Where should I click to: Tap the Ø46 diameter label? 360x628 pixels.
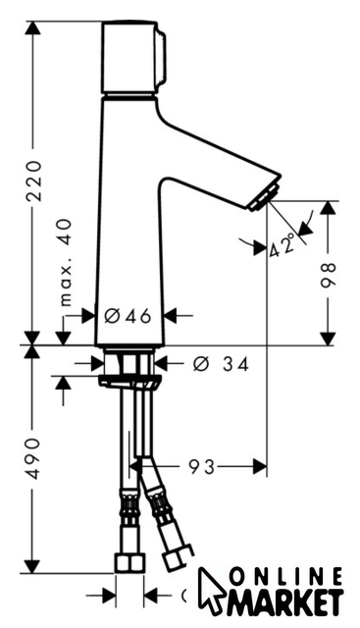128,316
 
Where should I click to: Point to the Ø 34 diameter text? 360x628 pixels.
221,364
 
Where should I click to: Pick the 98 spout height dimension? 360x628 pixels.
328,275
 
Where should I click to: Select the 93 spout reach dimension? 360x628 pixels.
202,467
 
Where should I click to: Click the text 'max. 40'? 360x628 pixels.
66,262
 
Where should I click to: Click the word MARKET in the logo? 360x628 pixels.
285,603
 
